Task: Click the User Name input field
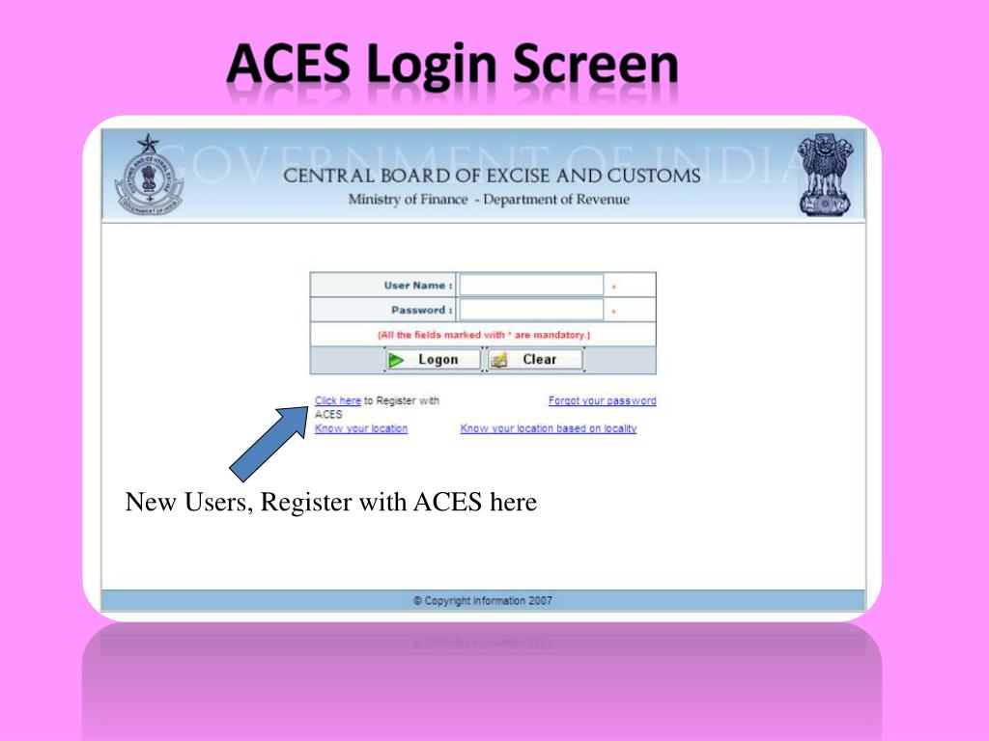pyautogui.click(x=531, y=286)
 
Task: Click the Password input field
pyautogui.click(x=531, y=310)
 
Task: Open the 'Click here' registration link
pyautogui.click(x=337, y=400)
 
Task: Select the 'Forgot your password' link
pyautogui.click(x=602, y=400)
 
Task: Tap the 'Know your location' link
pyautogui.click(x=361, y=428)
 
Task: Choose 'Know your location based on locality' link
pyautogui.click(x=549, y=428)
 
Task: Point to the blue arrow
pyautogui.click(x=269, y=442)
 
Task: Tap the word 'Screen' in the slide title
pyautogui.click(x=595, y=67)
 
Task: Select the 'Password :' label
pyautogui.click(x=421, y=310)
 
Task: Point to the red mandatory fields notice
pyautogui.click(x=483, y=335)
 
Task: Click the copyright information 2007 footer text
pyautogui.click(x=483, y=600)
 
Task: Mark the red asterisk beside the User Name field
pyautogui.click(x=614, y=287)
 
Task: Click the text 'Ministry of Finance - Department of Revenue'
pyautogui.click(x=489, y=200)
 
